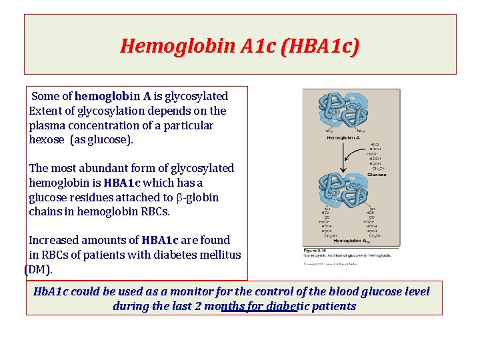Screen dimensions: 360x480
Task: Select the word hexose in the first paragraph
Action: pyautogui.click(x=47, y=140)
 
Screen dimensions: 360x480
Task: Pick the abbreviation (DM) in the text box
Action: pyautogui.click(x=38, y=270)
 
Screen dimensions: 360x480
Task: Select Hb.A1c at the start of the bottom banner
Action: pyautogui.click(x=51, y=292)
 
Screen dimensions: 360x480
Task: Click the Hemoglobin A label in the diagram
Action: pyautogui.click(x=344, y=137)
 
